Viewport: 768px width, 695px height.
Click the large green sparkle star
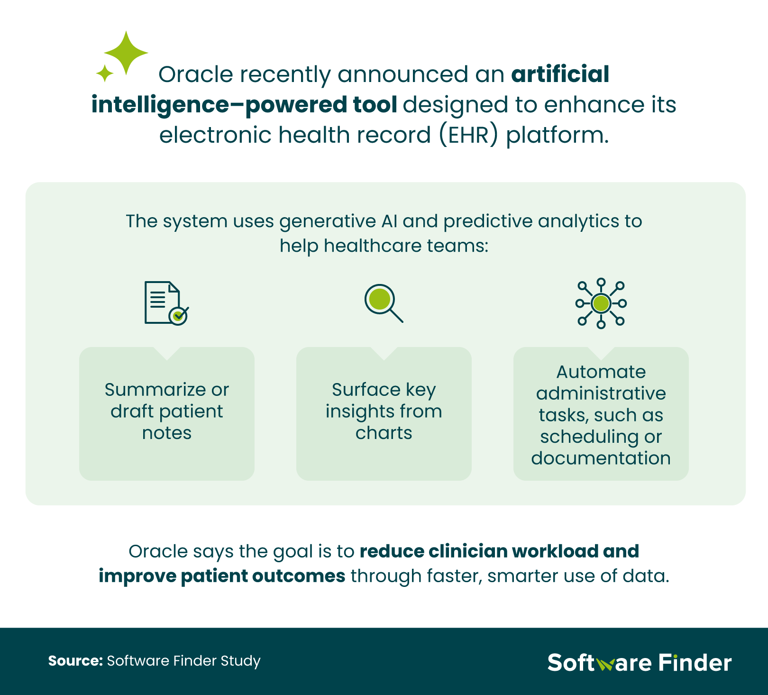(126, 53)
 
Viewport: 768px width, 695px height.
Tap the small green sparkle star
(105, 73)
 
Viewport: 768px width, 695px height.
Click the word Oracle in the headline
(195, 74)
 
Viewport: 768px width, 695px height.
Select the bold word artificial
(560, 74)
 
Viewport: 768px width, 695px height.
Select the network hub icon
(601, 303)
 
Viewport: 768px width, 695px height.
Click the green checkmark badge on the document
(178, 315)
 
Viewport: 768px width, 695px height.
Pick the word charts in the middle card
(384, 433)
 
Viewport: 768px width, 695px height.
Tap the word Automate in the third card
(601, 372)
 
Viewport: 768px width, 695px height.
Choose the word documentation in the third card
(601, 458)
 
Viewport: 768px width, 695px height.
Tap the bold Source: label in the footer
(75, 661)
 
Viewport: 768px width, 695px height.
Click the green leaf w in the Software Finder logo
(605, 664)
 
